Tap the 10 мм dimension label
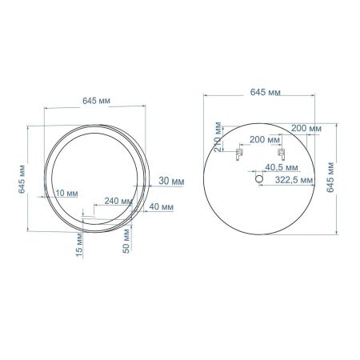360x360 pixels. (x=67, y=193)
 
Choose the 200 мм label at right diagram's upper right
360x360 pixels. (x=306, y=128)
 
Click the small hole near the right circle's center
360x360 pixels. (x=259, y=181)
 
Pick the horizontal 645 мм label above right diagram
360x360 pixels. (x=263, y=93)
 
